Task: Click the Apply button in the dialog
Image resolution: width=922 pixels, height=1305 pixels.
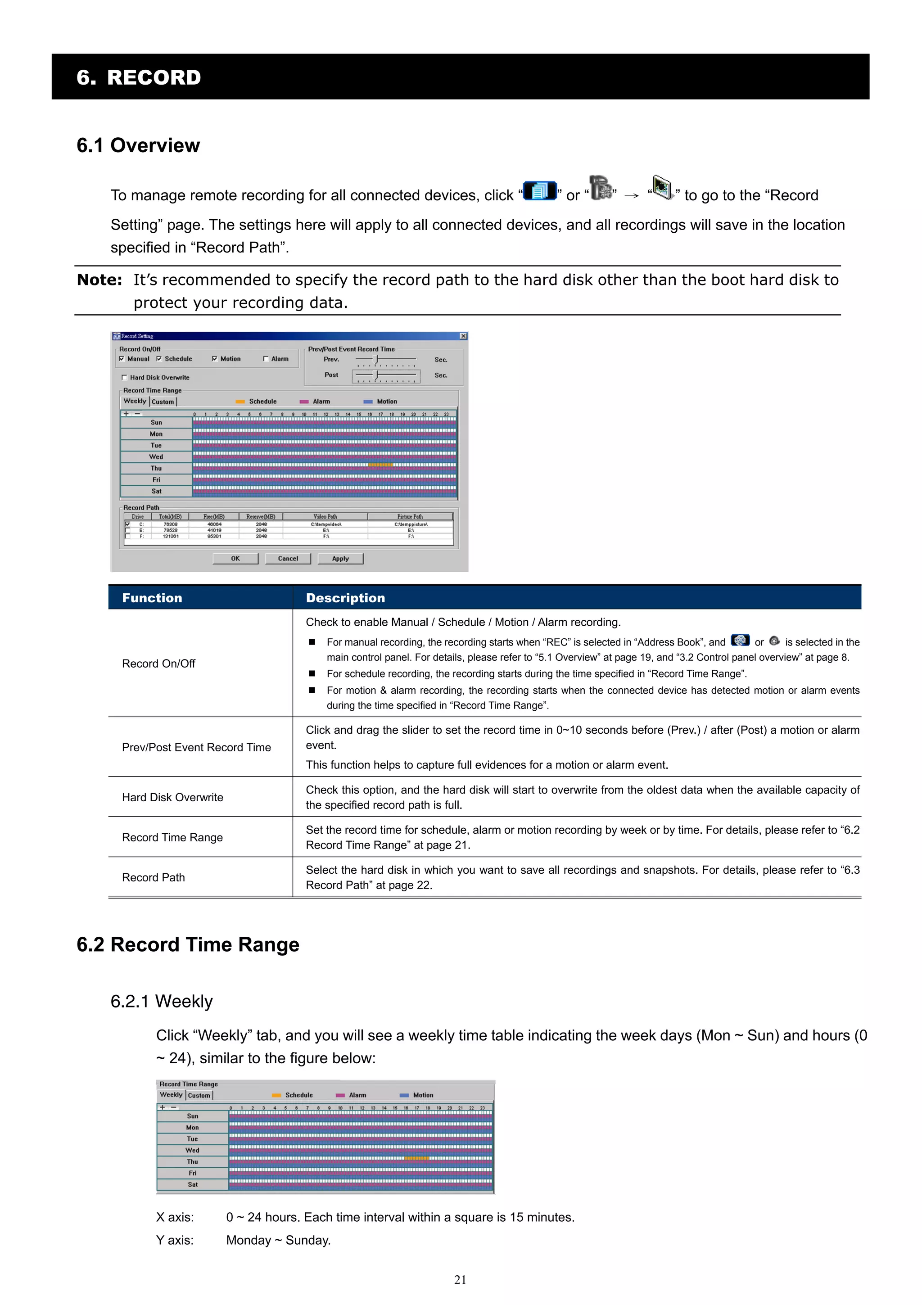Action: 340,558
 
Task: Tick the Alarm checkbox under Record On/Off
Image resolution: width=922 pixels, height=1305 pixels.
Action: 266,359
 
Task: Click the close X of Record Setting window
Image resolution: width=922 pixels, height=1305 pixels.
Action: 463,336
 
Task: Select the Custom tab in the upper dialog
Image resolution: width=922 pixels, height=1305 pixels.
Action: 163,402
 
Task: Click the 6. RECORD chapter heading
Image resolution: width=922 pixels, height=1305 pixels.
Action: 139,77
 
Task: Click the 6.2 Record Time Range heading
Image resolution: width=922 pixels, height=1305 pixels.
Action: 188,944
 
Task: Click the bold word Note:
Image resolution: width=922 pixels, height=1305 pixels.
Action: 99,280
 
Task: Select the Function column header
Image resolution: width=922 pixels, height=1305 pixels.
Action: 152,597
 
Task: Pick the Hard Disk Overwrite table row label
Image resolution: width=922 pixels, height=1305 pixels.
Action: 172,797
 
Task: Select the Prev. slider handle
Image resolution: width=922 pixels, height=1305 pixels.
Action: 375,359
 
